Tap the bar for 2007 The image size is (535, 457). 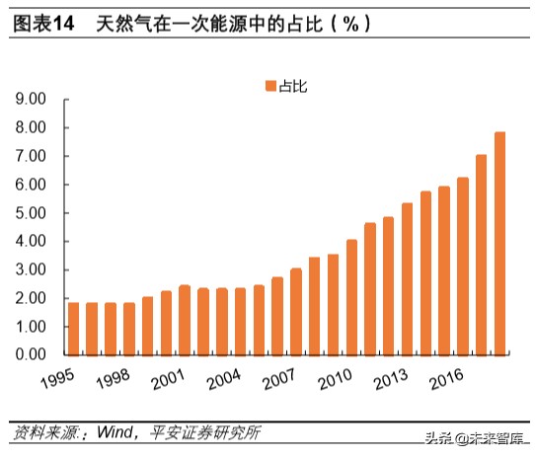[296, 311]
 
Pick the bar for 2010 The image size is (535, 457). [352, 296]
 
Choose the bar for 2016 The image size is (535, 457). [463, 266]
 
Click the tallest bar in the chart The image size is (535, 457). [500, 243]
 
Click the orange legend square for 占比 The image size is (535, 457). [268, 88]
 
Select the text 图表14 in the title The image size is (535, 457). [43, 25]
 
